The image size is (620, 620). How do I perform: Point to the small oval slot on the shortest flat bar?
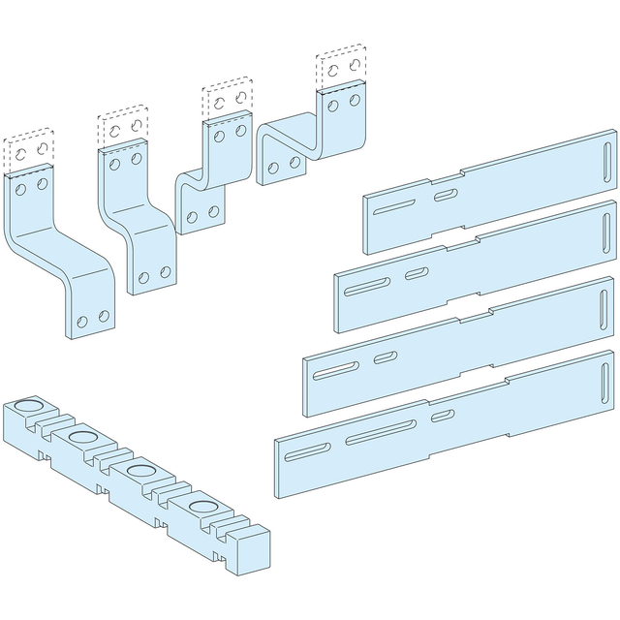point(446,196)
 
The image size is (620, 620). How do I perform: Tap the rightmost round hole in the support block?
point(203,508)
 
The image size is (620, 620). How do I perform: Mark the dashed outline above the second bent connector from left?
point(123,129)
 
